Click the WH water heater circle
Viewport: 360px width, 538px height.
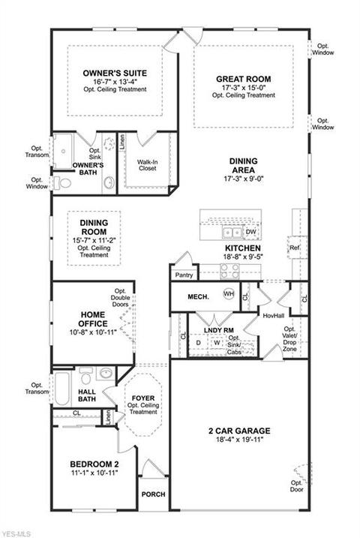pos(229,293)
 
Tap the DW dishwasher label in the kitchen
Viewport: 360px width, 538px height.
pos(251,232)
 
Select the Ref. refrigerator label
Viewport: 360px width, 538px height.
pos(295,248)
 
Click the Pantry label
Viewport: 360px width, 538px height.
pos(184,275)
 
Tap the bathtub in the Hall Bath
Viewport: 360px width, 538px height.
pos(62,389)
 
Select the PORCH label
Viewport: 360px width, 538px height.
pos(153,494)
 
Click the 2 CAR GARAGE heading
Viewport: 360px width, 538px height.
pos(239,431)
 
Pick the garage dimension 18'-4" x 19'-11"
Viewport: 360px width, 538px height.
pos(240,440)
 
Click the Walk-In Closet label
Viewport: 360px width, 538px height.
pos(148,165)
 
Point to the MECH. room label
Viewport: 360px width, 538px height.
pos(199,297)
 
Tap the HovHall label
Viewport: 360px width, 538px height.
pos(274,315)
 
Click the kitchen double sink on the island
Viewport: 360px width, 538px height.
pos(232,233)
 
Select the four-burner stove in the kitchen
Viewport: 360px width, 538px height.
pos(229,271)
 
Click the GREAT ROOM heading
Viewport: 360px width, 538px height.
pos(244,80)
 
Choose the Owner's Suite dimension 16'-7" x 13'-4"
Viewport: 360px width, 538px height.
pos(115,82)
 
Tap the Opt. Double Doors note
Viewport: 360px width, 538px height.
pos(120,297)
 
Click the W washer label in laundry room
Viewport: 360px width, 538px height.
pos(217,342)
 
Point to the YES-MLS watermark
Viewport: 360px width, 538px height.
pos(16,534)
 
